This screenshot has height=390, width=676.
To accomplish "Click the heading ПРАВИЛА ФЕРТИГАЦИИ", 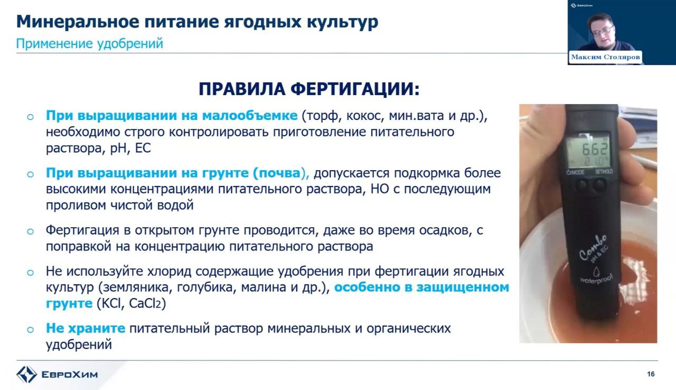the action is click(x=309, y=89).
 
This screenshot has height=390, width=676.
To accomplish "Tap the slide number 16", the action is click(x=651, y=374).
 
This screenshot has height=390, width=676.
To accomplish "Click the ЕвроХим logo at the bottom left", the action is click(x=57, y=374).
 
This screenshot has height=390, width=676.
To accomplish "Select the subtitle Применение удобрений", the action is click(x=90, y=43).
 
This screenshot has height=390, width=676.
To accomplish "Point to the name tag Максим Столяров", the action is click(x=605, y=57).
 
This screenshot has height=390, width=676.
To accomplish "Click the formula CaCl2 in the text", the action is click(x=147, y=303).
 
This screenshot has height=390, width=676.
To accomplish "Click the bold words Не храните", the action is click(x=86, y=328).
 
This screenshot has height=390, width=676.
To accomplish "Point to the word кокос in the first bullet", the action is click(x=365, y=116).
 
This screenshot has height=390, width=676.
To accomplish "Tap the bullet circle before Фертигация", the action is click(x=30, y=231).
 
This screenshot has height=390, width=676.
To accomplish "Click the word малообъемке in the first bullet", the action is click(x=250, y=116).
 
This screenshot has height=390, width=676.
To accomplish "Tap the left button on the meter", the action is click(x=581, y=185).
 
